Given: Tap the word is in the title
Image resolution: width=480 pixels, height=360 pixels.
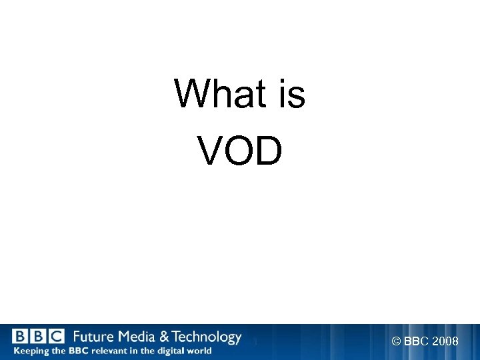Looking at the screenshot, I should pos(291,94).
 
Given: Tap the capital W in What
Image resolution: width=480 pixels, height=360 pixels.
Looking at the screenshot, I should pos(188,94).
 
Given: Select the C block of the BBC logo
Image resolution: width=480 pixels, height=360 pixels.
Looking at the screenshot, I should pos(56,337).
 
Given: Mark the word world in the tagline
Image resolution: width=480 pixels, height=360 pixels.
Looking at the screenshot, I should pos(201,351).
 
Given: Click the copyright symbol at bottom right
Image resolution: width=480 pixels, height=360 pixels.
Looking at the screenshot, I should pos(396,341).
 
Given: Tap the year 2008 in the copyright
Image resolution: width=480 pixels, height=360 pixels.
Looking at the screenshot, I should pos(445,341).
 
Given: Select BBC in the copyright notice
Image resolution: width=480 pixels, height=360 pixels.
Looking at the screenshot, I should pos(416,341).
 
